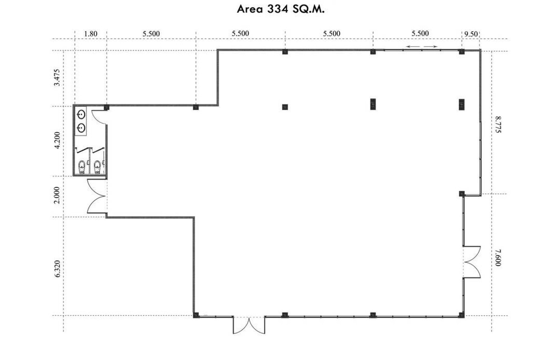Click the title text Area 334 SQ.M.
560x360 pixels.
280,9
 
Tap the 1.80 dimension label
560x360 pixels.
91,34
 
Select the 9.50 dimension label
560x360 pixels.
471,34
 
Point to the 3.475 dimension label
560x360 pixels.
57,77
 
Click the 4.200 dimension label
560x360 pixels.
57,140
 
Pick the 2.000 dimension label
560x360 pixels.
57,195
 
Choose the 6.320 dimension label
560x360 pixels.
57,269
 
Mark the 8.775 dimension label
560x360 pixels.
498,125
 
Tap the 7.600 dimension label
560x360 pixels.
498,257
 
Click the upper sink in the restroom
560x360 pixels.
81,115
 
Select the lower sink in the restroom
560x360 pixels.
81,128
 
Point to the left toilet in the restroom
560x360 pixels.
82,167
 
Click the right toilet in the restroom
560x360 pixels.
97,167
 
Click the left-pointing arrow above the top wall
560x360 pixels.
413,47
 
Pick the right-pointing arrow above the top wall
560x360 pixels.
430,47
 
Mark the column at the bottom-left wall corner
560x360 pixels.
196,315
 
